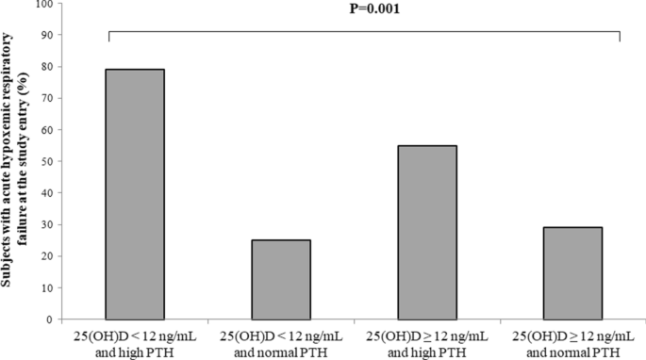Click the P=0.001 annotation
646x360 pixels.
click(364, 12)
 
